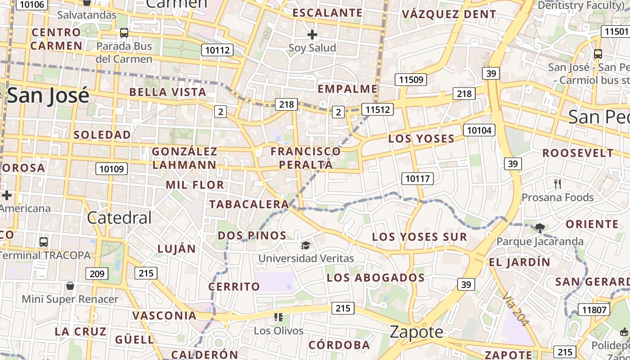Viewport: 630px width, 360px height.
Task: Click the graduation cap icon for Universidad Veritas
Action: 306,245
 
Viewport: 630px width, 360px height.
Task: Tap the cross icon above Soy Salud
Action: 312,34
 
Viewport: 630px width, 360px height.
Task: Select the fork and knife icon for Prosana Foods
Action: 558,184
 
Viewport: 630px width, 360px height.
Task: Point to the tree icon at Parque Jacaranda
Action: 540,228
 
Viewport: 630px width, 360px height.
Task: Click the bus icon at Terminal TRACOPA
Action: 44,242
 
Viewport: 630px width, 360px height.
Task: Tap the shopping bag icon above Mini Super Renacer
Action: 70,286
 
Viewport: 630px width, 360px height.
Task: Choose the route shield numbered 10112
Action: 217,50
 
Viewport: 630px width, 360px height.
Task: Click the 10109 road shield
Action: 112,169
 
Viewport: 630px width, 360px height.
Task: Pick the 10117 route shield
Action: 418,179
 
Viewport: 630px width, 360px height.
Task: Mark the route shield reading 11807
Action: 594,310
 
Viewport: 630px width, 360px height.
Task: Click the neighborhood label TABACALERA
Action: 249,204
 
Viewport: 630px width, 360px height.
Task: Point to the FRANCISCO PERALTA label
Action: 306,158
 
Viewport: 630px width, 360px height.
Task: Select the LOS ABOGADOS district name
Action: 376,278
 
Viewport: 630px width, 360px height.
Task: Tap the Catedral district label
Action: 119,218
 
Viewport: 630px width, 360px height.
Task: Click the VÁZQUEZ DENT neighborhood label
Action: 449,14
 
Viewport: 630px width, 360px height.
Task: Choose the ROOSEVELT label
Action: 578,153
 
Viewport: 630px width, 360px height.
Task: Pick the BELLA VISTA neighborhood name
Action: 168,92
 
